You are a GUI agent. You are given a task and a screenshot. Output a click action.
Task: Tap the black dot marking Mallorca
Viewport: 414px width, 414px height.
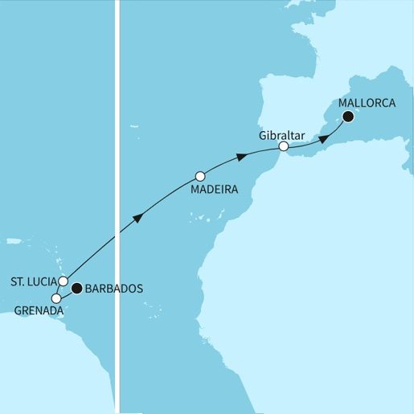[348, 117]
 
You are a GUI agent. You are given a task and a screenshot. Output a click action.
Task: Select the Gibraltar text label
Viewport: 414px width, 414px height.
[281, 135]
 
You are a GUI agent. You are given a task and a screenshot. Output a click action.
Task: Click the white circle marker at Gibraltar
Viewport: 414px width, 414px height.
[283, 147]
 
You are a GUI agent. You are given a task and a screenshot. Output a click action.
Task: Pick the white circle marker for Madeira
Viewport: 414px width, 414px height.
[200, 176]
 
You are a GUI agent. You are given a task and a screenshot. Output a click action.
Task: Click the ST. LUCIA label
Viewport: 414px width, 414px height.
[32, 282]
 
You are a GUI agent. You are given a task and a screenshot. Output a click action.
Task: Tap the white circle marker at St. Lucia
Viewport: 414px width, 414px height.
[63, 281]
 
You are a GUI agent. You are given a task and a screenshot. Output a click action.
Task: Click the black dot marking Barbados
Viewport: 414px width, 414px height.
[77, 288]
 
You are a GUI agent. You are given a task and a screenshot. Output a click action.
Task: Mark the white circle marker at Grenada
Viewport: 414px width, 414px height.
[56, 298]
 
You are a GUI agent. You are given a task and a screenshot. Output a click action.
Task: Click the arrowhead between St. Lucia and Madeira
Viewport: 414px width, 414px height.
[140, 217]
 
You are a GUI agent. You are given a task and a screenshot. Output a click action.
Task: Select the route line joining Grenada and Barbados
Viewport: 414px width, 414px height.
[67, 293]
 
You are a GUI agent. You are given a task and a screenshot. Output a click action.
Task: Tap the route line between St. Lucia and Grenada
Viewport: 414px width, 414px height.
[59, 290]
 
